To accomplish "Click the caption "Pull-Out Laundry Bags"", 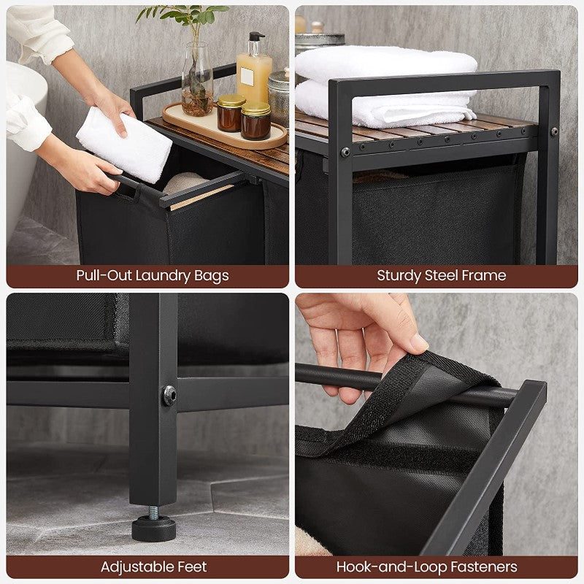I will click(153, 275).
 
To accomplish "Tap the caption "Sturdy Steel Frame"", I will click(441, 275).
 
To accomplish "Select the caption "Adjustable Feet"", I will click(153, 566).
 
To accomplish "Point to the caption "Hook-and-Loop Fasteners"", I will click(427, 566).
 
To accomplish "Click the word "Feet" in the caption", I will click(191, 566).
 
